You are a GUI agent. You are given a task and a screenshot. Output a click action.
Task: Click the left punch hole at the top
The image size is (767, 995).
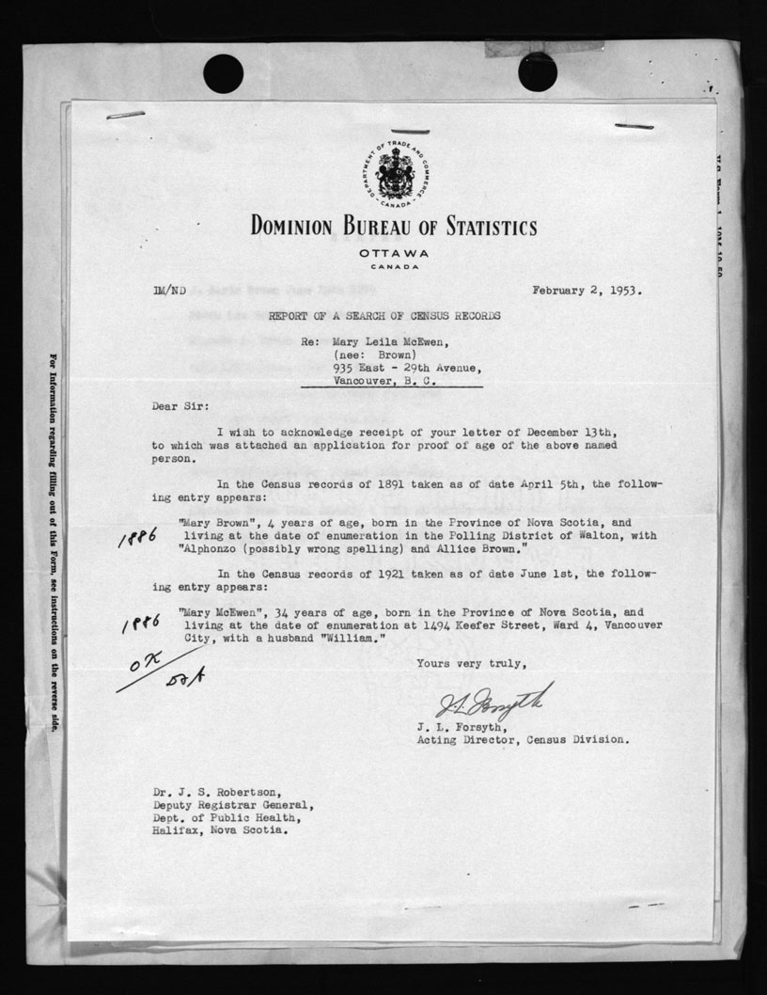(223, 73)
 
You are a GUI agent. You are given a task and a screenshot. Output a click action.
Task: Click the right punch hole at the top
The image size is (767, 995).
(537, 72)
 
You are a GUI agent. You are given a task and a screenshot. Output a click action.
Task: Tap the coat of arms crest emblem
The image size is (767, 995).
(395, 173)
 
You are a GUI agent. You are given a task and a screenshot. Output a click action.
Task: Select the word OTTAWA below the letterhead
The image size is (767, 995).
(394, 254)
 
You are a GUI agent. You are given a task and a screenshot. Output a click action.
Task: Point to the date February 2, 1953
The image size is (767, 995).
(587, 290)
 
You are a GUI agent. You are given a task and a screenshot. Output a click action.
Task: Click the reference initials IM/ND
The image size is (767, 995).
(166, 292)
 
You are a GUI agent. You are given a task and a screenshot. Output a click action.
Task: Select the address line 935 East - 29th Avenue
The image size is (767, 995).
(407, 369)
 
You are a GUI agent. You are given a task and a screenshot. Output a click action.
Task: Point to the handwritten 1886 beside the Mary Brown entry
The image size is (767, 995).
(137, 536)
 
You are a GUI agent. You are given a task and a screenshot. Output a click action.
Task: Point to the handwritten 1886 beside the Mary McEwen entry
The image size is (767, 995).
(142, 624)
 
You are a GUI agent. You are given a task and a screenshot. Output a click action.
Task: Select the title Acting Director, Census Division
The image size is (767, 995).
(523, 739)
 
